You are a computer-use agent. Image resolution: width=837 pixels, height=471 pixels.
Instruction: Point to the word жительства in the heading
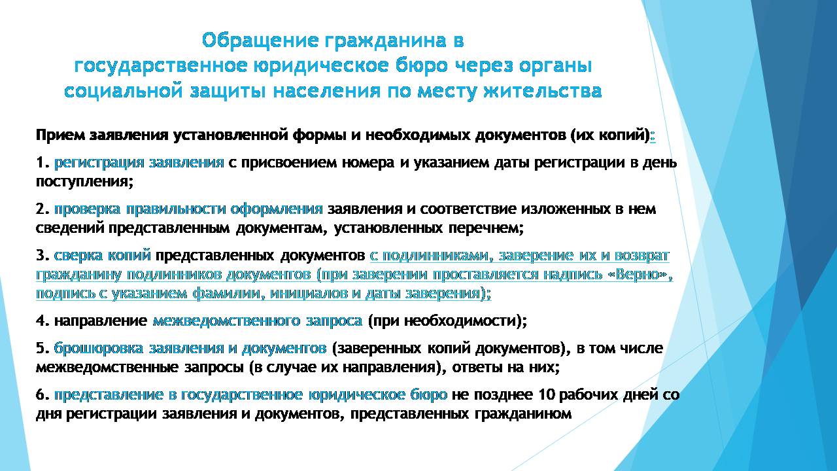point(543,91)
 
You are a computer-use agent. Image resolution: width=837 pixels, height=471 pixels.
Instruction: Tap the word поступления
point(84,183)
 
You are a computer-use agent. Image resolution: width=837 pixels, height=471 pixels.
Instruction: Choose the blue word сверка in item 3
point(78,256)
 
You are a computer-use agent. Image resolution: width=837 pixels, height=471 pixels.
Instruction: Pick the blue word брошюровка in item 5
point(98,349)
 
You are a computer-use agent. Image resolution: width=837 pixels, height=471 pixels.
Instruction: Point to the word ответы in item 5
point(477,368)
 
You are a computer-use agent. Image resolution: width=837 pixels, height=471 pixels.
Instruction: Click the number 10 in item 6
point(547,394)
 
